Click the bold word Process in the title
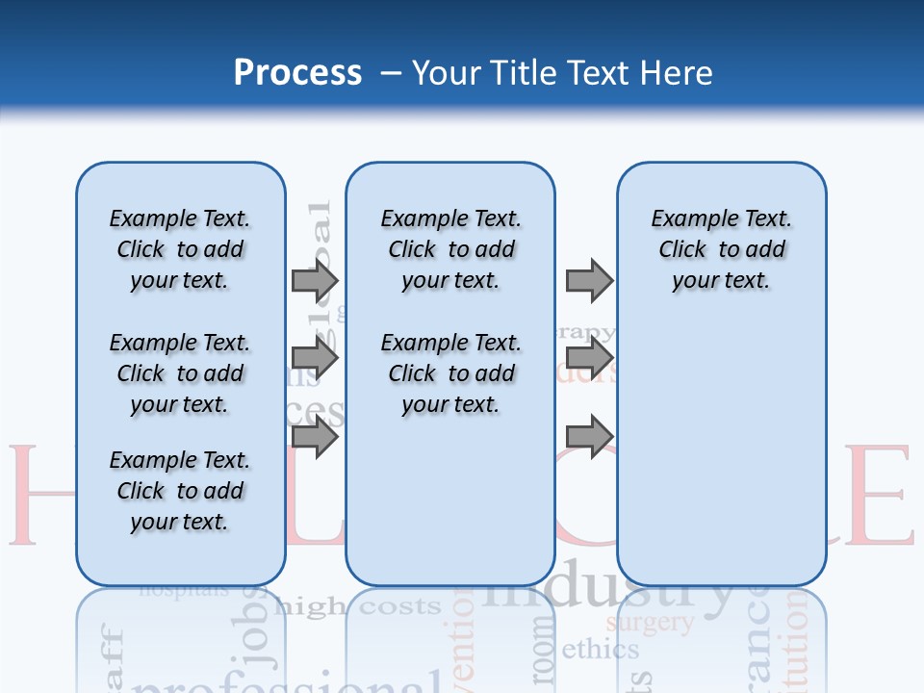[297, 72]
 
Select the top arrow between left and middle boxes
[315, 280]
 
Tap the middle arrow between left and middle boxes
[315, 359]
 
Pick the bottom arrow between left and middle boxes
[315, 438]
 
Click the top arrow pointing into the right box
[589, 280]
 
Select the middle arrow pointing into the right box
[589, 359]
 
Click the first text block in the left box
[180, 249]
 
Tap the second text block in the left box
[180, 373]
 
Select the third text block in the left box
[180, 491]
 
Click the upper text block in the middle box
[450, 249]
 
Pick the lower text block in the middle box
[450, 373]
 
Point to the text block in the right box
[721, 249]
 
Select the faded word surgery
[650, 623]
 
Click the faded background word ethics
[600, 650]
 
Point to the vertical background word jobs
[255, 635]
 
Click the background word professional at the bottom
[279, 681]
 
